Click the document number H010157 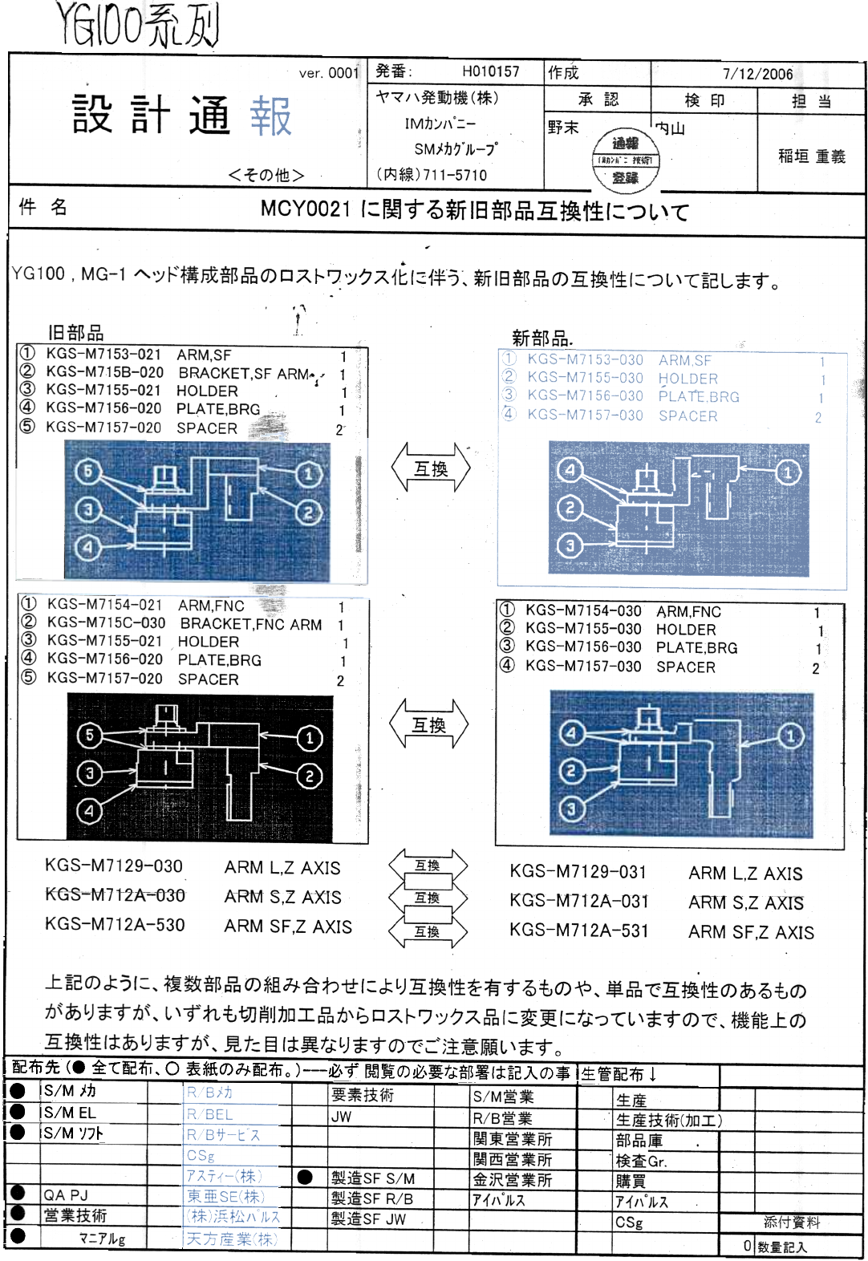coord(490,71)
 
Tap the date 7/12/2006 coord(757,74)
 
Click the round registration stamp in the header coord(625,160)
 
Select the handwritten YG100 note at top coord(137,25)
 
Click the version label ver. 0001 coord(328,73)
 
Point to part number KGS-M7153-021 coord(103,355)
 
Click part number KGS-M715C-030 coord(106,623)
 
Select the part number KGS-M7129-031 coord(578,872)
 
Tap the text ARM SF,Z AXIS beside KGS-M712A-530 coord(288,926)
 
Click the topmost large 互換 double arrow coord(431,468)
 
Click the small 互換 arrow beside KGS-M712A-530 coord(428,931)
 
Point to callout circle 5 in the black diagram coord(90,735)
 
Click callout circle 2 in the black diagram coord(309,776)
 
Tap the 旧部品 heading coord(75,333)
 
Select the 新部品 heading coord(541,338)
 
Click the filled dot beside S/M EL coord(18,1112)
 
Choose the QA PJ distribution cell coord(66,1195)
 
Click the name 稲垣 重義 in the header coord(811,156)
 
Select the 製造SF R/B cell coord(372,1198)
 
